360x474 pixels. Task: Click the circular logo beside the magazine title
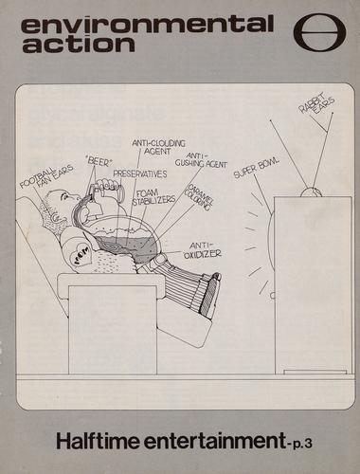pyautogui.click(x=319, y=33)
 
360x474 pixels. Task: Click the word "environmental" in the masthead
pyautogui.click(x=147, y=25)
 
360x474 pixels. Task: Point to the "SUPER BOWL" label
pyautogui.click(x=257, y=168)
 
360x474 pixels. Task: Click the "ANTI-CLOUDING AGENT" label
pyautogui.click(x=158, y=147)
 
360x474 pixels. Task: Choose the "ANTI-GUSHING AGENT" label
pyautogui.click(x=201, y=160)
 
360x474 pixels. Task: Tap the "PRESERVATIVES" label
pyautogui.click(x=140, y=173)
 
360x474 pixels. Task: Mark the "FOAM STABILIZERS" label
pyautogui.click(x=153, y=197)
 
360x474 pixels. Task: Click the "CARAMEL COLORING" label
pyautogui.click(x=200, y=197)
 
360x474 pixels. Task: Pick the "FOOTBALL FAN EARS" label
pyautogui.click(x=46, y=174)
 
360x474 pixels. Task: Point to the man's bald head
pyautogui.click(x=60, y=200)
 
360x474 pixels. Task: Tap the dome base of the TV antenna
pyautogui.click(x=311, y=192)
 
